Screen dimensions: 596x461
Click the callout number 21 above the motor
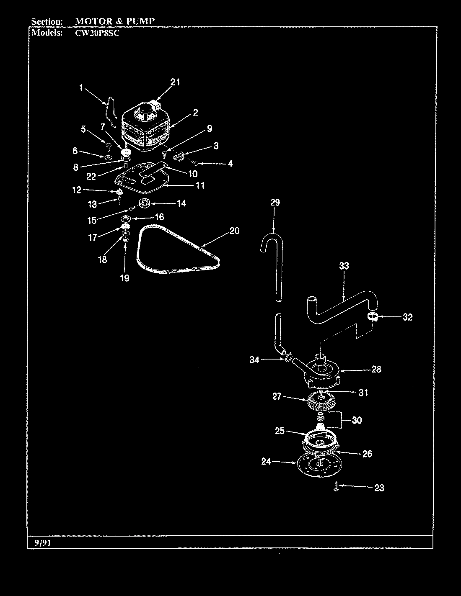point(175,82)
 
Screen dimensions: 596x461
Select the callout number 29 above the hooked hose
point(275,203)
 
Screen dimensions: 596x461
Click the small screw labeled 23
point(336,487)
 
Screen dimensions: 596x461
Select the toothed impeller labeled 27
point(321,402)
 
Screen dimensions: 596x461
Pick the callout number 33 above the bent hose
point(344,266)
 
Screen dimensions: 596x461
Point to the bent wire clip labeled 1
point(110,111)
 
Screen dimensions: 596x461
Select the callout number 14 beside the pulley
point(181,204)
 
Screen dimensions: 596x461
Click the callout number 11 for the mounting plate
point(200,185)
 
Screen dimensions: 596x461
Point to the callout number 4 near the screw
point(230,164)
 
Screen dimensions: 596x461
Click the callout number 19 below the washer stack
point(124,278)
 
